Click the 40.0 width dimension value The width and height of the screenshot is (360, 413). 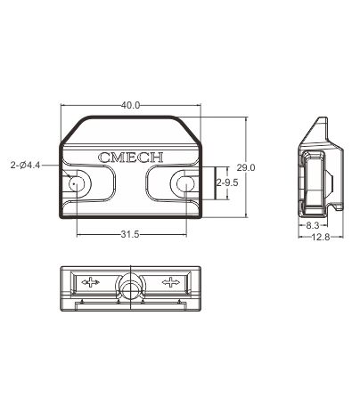tap(130, 105)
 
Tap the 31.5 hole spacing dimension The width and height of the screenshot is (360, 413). tap(130, 235)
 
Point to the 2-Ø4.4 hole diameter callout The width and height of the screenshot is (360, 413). tap(23, 165)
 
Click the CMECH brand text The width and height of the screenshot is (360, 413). tap(130, 158)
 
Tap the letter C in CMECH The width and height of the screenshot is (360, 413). tap(104, 158)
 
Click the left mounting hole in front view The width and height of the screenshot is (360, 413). tap(77, 184)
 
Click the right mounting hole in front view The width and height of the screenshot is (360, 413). tap(184, 184)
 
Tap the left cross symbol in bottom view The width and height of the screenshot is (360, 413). tap(90, 283)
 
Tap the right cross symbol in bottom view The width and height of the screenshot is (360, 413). tap(170, 283)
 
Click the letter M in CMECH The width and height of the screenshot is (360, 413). tap(117, 158)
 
